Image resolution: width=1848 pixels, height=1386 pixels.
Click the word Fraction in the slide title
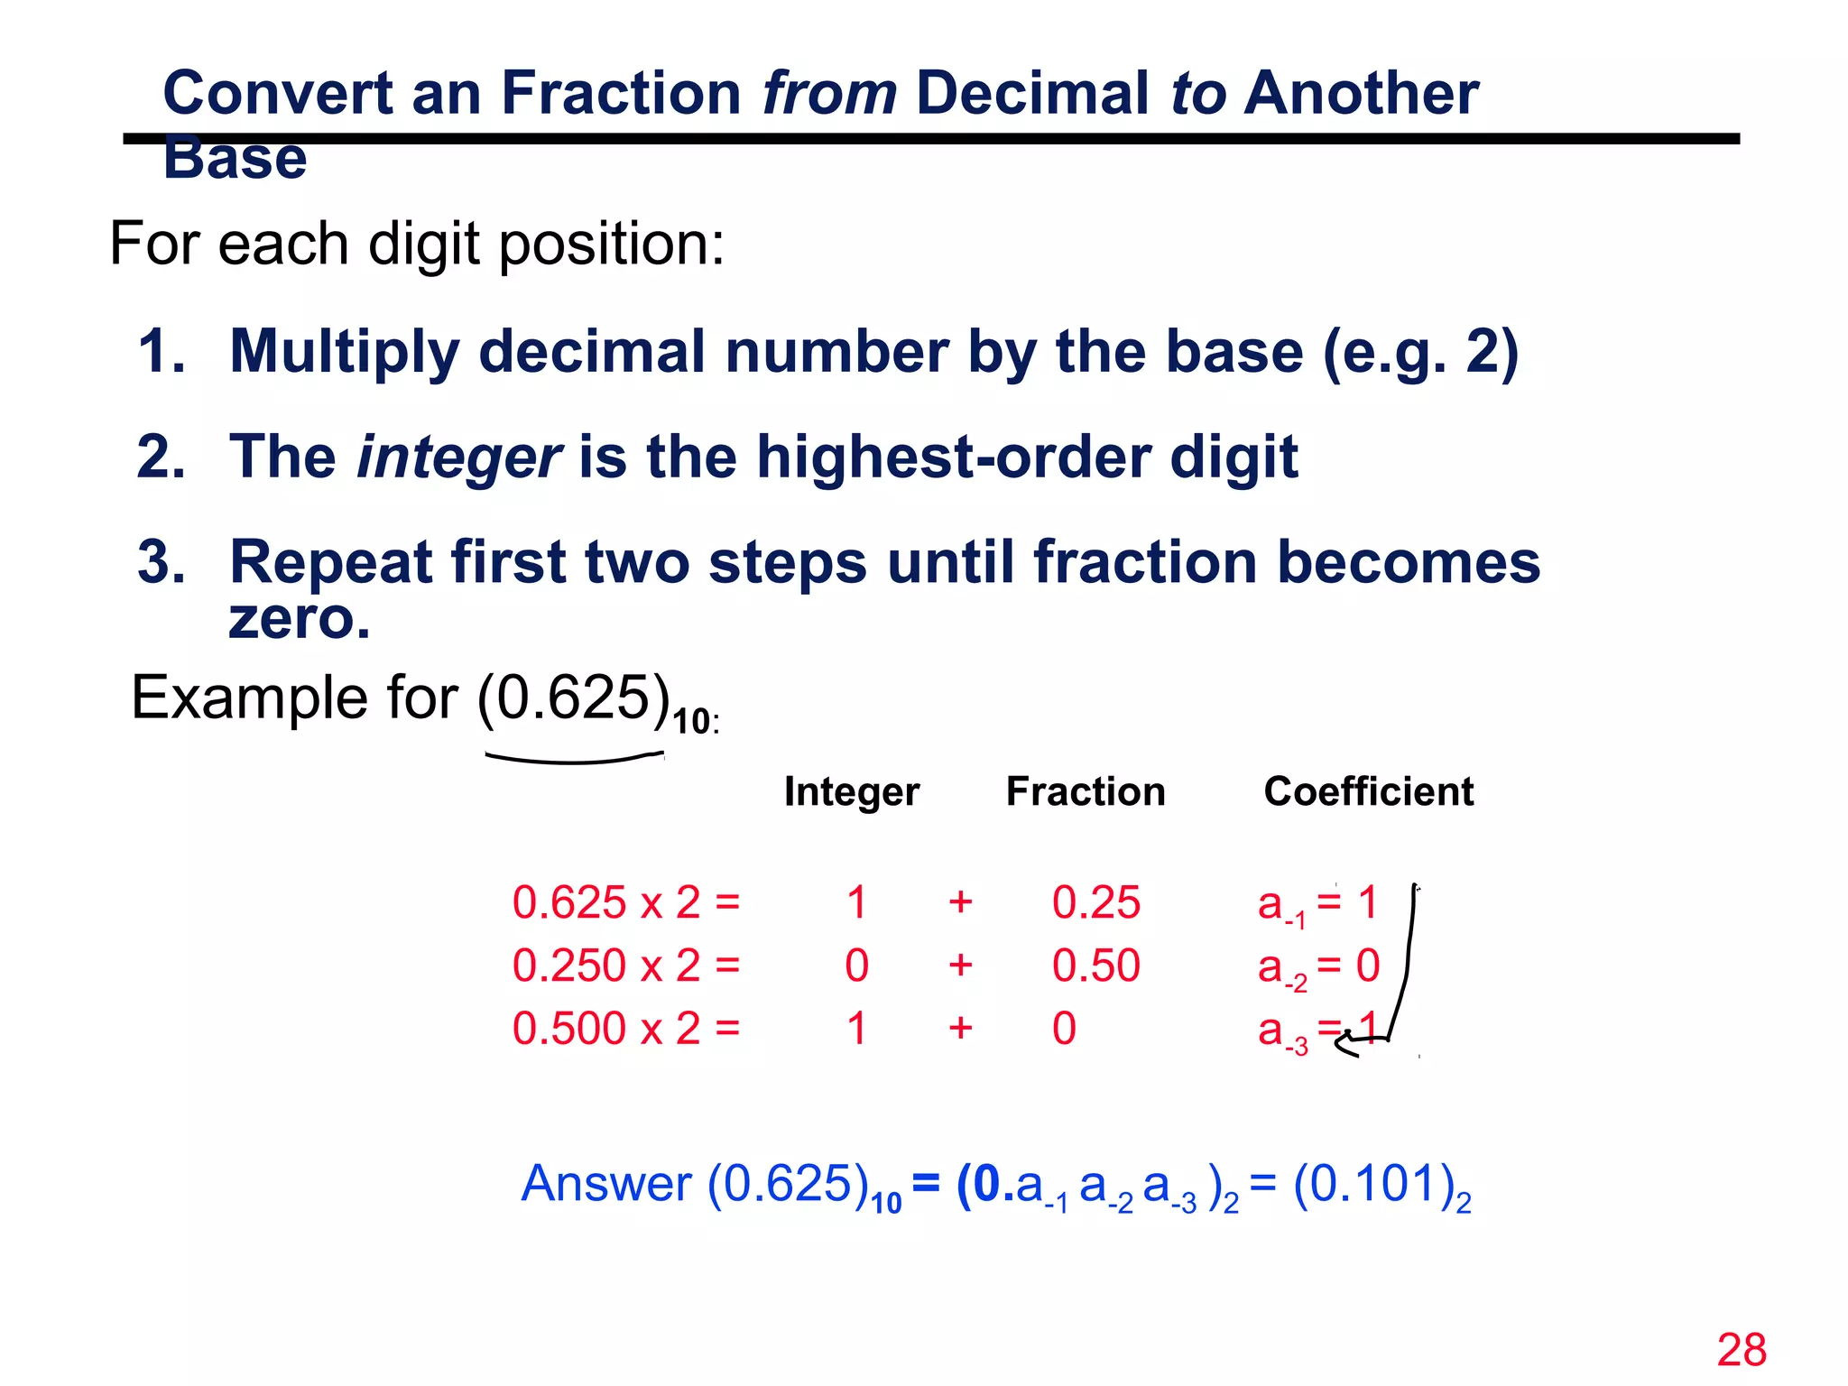click(621, 93)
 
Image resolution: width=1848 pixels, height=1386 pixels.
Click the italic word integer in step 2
click(458, 457)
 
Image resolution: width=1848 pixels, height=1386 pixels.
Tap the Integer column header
click(851, 791)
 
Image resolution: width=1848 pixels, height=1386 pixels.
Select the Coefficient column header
click(1368, 791)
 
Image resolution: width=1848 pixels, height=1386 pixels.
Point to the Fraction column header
click(1086, 791)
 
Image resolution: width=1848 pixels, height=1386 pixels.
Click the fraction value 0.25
click(1095, 902)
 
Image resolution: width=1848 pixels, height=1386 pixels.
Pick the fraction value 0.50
click(1095, 966)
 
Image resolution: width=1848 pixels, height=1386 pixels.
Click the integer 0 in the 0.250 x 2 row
click(856, 966)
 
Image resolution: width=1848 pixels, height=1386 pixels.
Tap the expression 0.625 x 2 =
click(626, 902)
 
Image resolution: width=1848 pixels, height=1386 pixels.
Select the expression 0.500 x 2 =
click(626, 1029)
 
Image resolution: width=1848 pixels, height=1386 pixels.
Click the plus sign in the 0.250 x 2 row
click(960, 966)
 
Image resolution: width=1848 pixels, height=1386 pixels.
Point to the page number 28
click(1742, 1351)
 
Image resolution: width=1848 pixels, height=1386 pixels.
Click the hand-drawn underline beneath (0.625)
click(574, 760)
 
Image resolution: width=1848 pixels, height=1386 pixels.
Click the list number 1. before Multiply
click(162, 351)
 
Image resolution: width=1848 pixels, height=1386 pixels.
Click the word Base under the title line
click(235, 161)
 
